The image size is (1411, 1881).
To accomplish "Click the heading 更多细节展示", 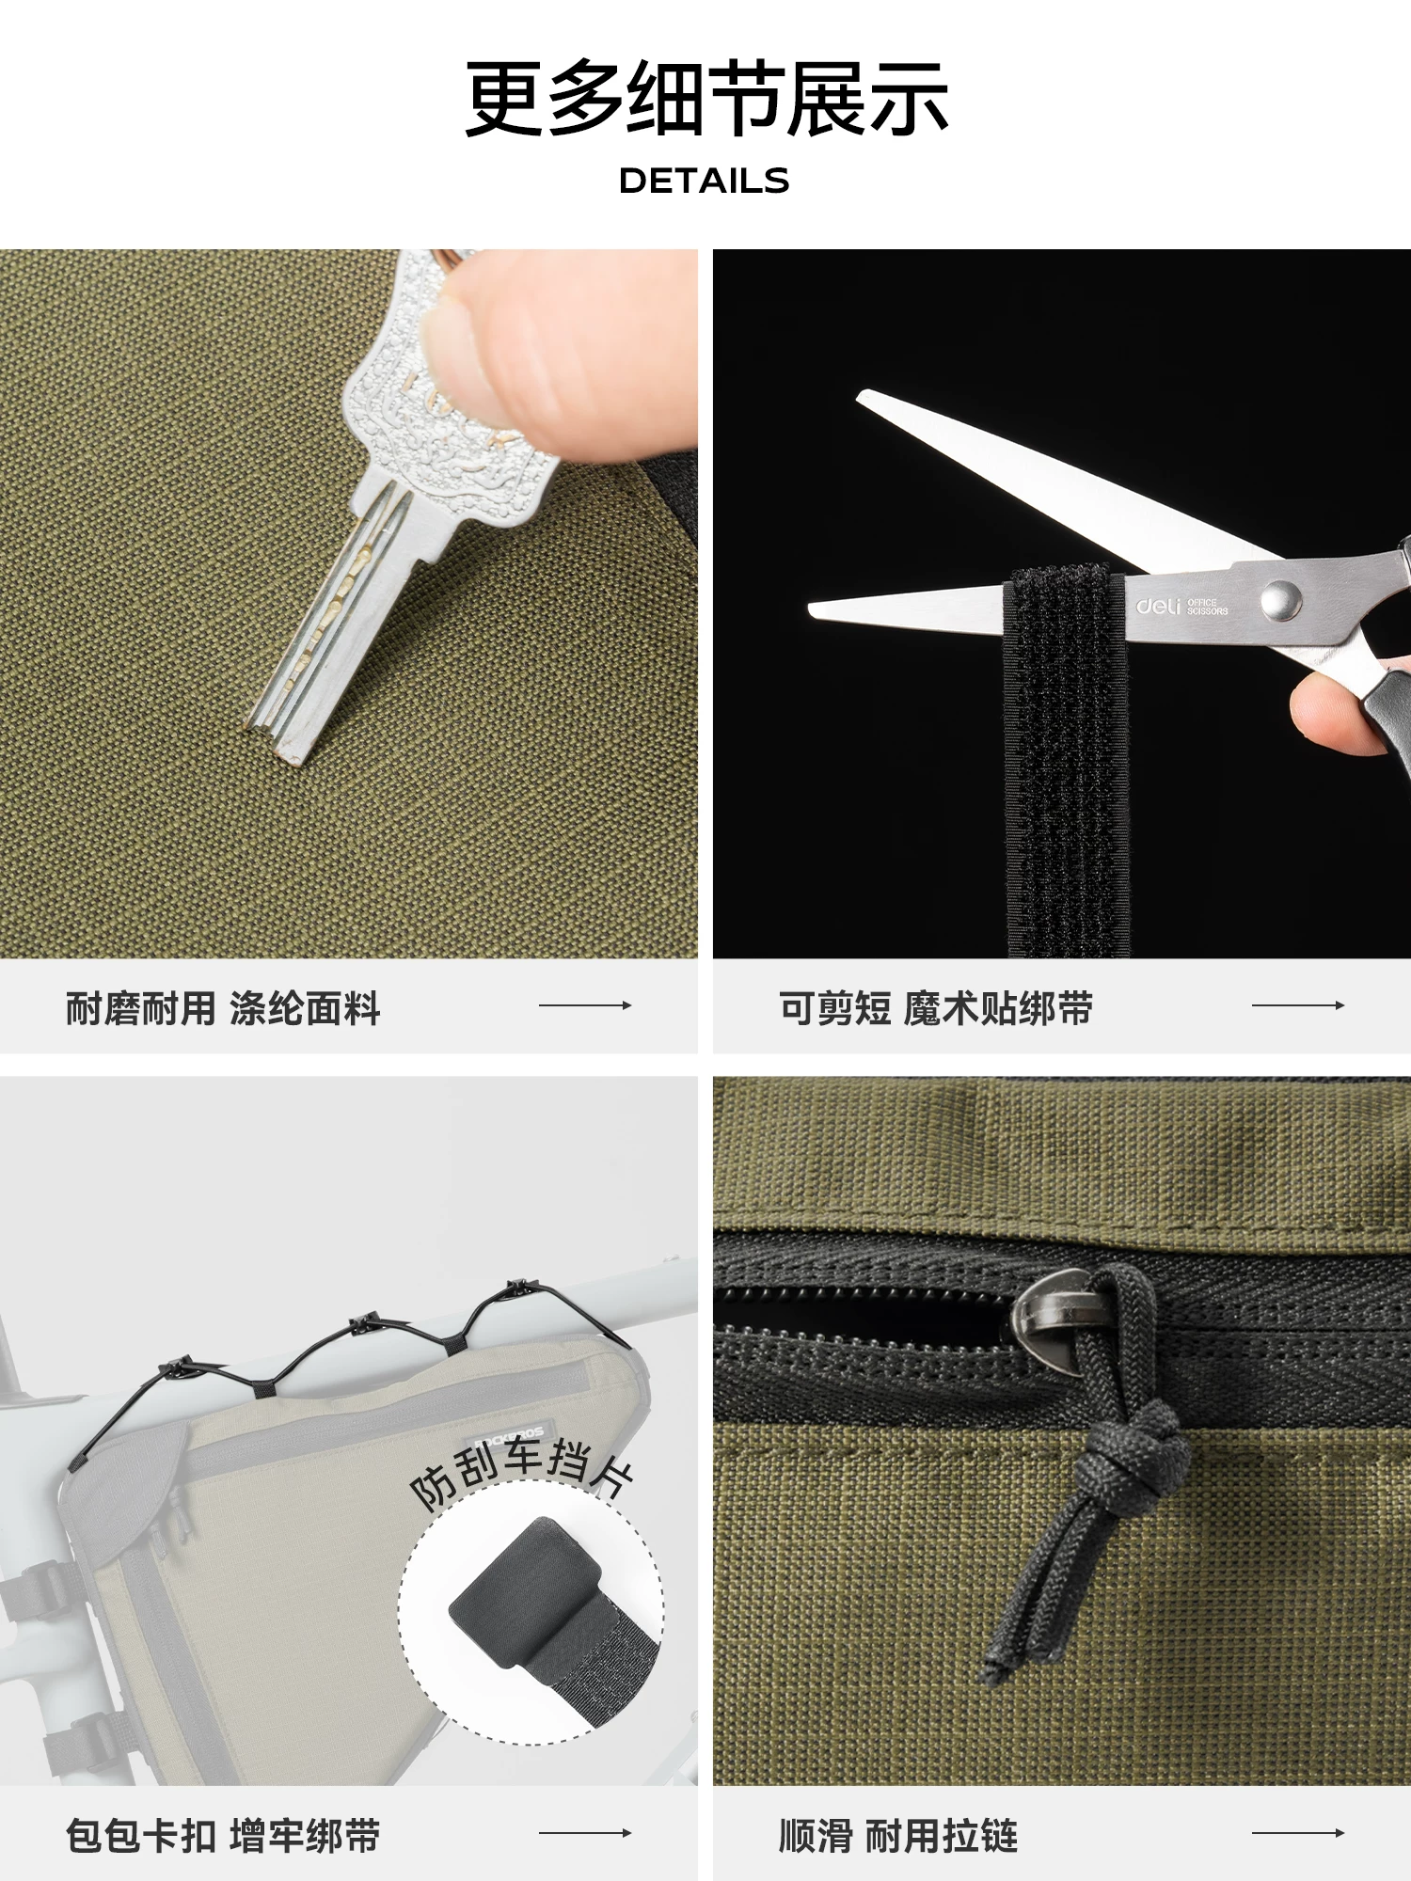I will pyautogui.click(x=705, y=99).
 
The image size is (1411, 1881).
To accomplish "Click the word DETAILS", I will pyautogui.click(x=704, y=181).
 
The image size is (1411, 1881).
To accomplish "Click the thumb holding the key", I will pyautogui.click(x=564, y=348).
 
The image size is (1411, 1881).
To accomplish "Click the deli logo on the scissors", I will pyautogui.click(x=1157, y=607).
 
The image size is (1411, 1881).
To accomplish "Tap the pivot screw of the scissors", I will pyautogui.click(x=1280, y=599).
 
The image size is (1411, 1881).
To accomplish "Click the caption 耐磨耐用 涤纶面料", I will pyautogui.click(x=223, y=1008).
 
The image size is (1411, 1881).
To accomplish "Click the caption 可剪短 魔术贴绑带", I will pyautogui.click(x=936, y=1008).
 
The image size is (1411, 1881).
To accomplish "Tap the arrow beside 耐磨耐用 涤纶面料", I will pyautogui.click(x=584, y=1005).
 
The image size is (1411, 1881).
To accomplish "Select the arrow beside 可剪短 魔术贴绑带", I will pyautogui.click(x=1297, y=1005).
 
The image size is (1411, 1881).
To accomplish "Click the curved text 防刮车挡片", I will pyautogui.click(x=522, y=1467).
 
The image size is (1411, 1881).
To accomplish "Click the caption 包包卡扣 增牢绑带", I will pyautogui.click(x=223, y=1836).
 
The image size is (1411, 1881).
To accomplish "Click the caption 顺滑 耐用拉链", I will pyautogui.click(x=898, y=1836).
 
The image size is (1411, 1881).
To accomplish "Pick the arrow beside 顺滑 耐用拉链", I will pyautogui.click(x=1297, y=1832).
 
